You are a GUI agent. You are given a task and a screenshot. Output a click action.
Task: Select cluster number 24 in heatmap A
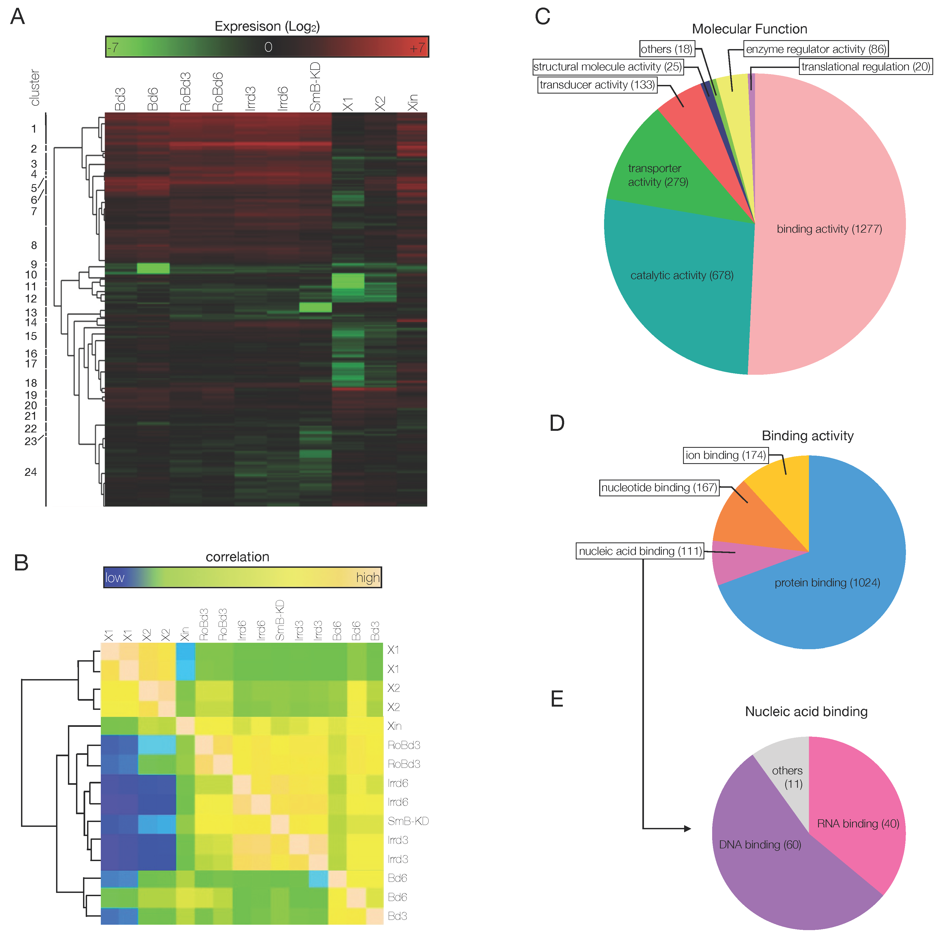[31, 472]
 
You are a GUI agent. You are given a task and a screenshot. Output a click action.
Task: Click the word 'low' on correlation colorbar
[115, 578]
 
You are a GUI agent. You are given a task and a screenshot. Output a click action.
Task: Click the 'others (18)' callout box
[666, 49]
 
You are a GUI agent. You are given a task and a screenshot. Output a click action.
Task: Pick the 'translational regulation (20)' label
[866, 67]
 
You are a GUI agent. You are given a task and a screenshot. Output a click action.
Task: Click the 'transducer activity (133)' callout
[597, 85]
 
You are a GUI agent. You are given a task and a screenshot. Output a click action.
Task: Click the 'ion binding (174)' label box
[726, 455]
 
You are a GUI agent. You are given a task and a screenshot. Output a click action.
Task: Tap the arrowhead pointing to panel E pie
[687, 828]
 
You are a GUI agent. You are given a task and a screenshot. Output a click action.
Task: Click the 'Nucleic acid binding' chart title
[806, 711]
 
